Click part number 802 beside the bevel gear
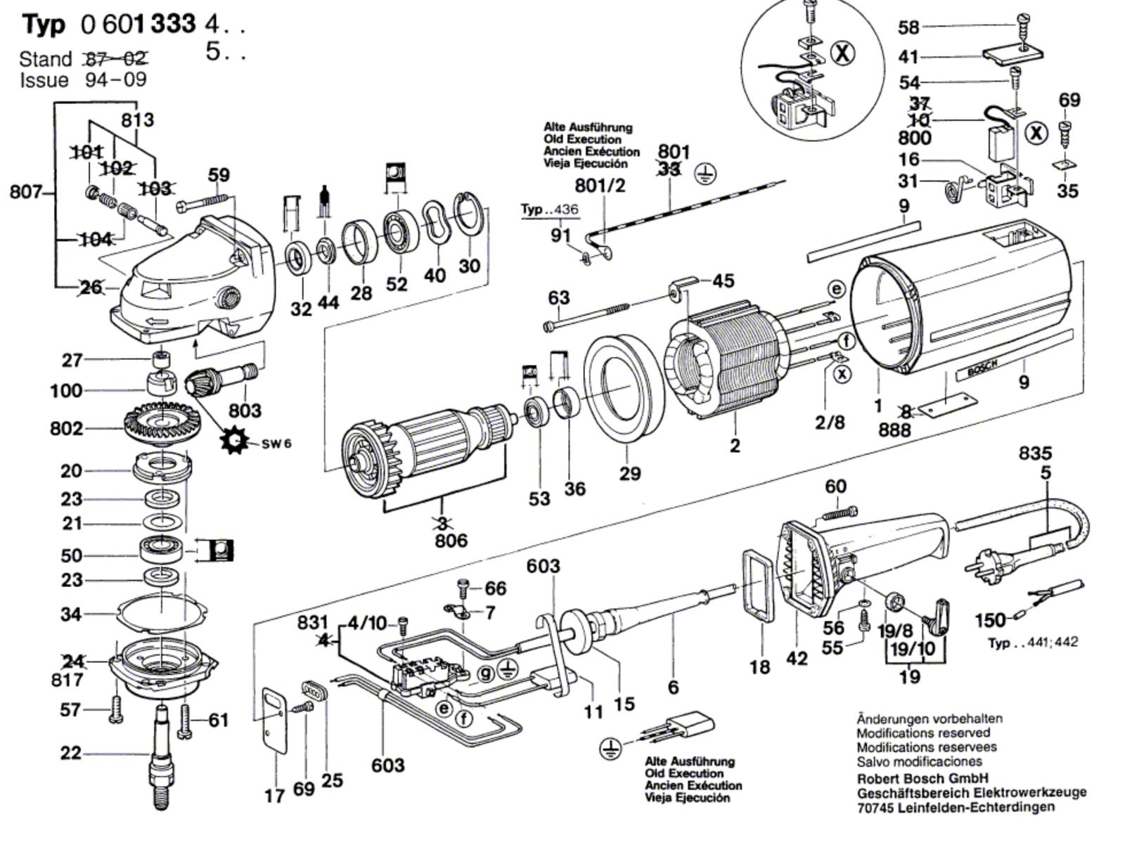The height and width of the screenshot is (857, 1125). coord(66,428)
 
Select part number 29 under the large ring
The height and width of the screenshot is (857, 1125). coord(630,473)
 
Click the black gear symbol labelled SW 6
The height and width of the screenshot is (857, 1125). coord(234,441)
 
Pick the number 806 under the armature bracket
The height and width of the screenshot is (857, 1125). coord(451,541)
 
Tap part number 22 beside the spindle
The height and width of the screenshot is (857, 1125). coord(71,753)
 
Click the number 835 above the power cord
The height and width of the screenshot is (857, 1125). coord(1036,453)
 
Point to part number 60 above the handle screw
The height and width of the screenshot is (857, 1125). coord(835,487)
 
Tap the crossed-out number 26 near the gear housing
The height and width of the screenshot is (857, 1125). coord(91,287)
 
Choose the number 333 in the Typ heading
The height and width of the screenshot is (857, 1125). coord(172,25)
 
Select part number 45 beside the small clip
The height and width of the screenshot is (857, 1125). coord(723,281)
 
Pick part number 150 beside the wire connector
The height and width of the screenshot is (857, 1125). coord(990,620)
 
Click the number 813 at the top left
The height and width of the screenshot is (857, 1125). coord(137,120)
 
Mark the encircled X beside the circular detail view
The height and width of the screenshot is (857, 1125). coord(843,53)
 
